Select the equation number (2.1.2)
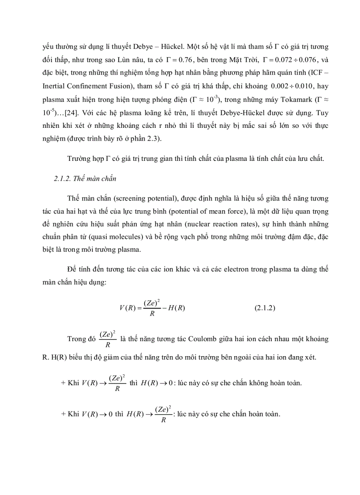[x=265, y=308]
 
